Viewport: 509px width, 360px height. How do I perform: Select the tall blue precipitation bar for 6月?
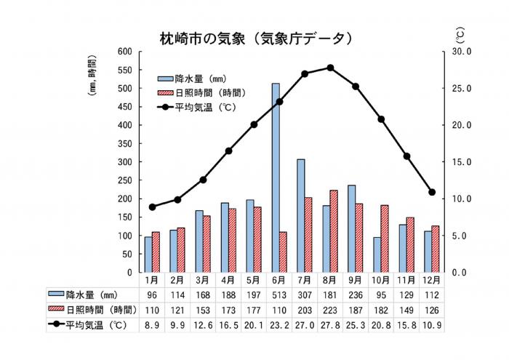276,178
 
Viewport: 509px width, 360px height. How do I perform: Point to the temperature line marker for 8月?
330,68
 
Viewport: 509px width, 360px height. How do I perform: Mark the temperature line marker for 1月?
152,207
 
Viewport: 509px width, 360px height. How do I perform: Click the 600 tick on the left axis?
126,52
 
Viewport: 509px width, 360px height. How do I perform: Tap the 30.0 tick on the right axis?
462,52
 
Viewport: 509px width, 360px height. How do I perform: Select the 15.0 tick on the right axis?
462,162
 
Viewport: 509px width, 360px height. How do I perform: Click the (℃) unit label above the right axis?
460,34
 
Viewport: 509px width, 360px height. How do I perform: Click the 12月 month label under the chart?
431,280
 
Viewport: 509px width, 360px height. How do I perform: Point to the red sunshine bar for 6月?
283,252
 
